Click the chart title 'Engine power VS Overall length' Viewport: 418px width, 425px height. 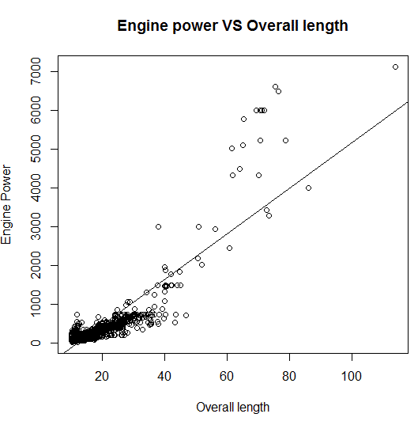[x=232, y=25]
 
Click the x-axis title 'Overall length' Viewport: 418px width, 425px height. [x=232, y=408]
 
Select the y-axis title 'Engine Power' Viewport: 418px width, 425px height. [x=7, y=204]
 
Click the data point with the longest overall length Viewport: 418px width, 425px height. [x=395, y=67]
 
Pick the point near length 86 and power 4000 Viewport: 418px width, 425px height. [x=308, y=188]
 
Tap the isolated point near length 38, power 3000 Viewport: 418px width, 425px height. [x=158, y=226]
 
